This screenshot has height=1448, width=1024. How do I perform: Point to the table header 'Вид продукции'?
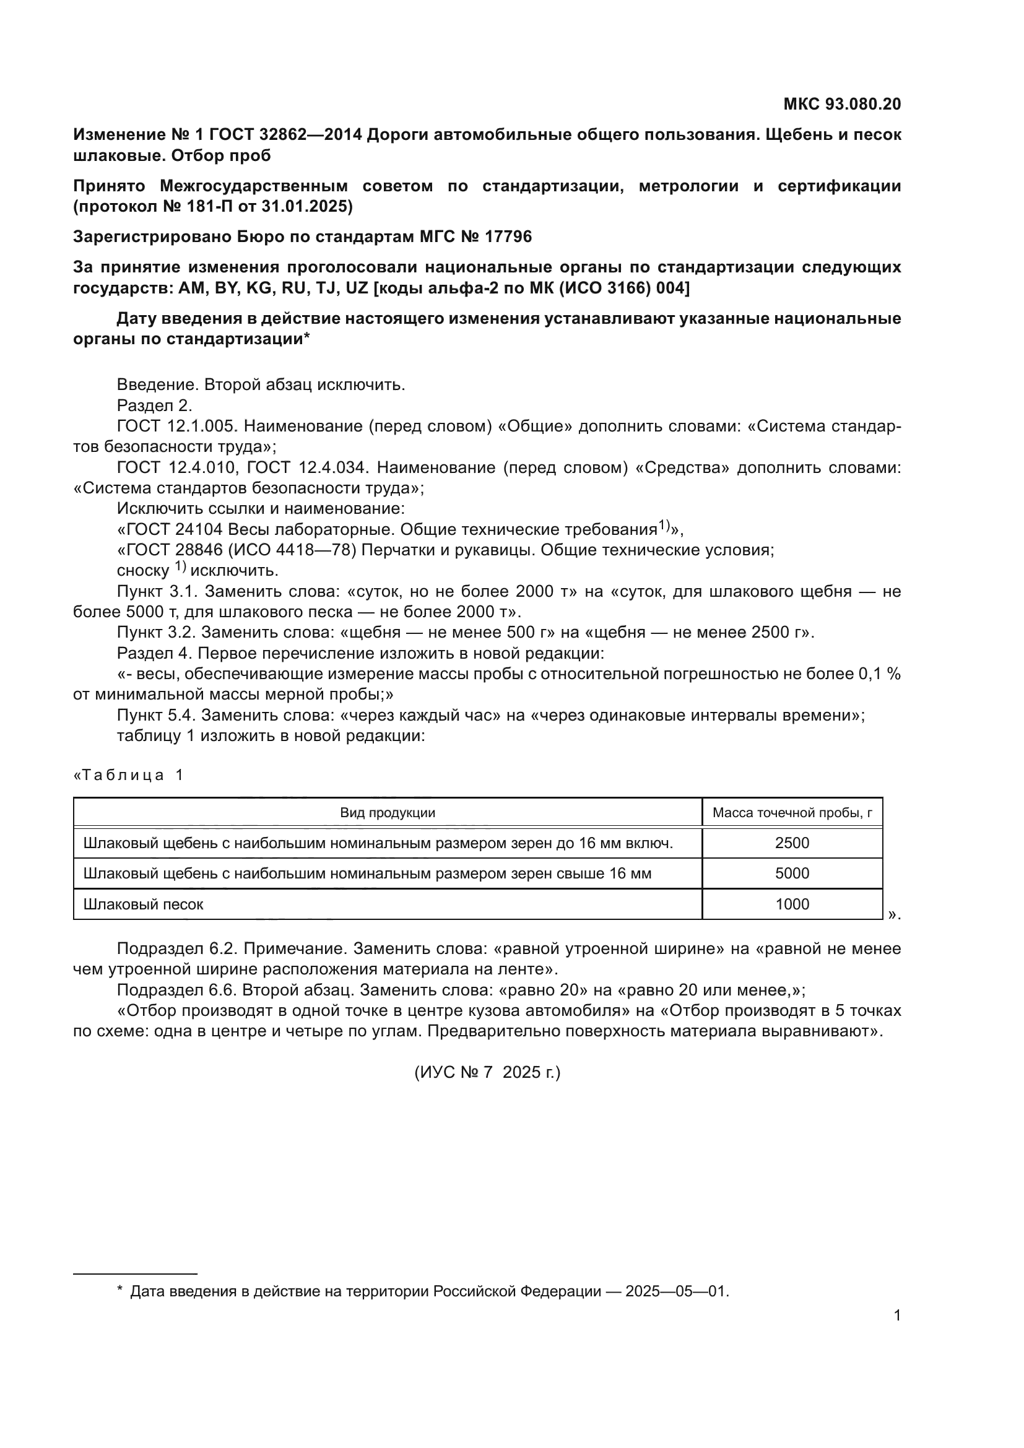[x=387, y=813]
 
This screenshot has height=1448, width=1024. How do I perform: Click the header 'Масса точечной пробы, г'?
[x=792, y=813]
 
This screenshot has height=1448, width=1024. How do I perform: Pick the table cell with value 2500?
[x=792, y=843]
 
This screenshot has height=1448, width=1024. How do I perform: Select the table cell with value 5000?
[x=792, y=874]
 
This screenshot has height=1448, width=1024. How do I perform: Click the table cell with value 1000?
[x=792, y=904]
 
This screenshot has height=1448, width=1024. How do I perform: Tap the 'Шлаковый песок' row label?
[x=143, y=904]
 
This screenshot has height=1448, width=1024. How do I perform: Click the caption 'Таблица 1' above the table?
[x=129, y=775]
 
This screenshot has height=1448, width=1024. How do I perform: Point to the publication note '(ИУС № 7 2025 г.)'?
[x=487, y=1072]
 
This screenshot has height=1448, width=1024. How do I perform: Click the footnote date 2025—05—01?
[x=677, y=1291]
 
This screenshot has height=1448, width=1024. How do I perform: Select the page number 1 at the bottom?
[x=897, y=1316]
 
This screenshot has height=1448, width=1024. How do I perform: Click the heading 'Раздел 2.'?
[x=155, y=405]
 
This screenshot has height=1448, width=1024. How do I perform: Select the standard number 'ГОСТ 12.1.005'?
[x=176, y=427]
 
